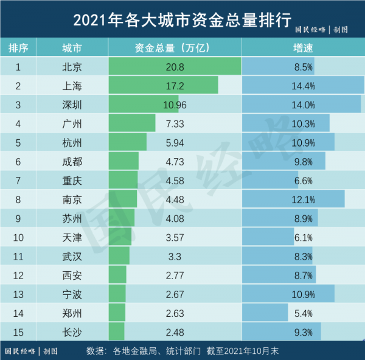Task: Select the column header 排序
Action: point(18,47)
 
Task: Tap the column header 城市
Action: point(72,47)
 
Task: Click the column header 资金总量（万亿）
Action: point(175,47)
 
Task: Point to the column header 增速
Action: point(303,47)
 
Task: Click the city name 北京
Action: point(72,66)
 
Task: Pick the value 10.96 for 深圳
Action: point(175,105)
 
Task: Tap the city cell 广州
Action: point(72,123)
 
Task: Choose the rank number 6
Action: point(18,161)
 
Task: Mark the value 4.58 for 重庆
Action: point(175,181)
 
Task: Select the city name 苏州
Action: point(72,218)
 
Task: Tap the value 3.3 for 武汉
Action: point(175,257)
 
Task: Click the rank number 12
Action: point(18,275)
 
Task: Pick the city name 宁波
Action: point(72,294)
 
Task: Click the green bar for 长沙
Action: point(116,333)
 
